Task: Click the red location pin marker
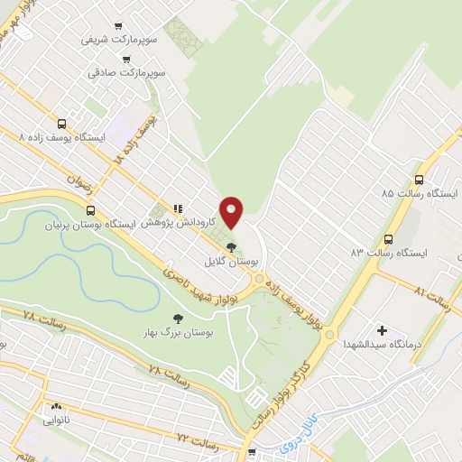coord(232,212)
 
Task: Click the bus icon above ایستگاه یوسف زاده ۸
coord(61,124)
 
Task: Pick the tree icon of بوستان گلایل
coord(232,245)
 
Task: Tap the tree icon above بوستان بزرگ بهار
coord(176,318)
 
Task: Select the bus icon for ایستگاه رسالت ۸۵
coord(419,179)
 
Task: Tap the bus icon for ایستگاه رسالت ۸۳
coord(388,239)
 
